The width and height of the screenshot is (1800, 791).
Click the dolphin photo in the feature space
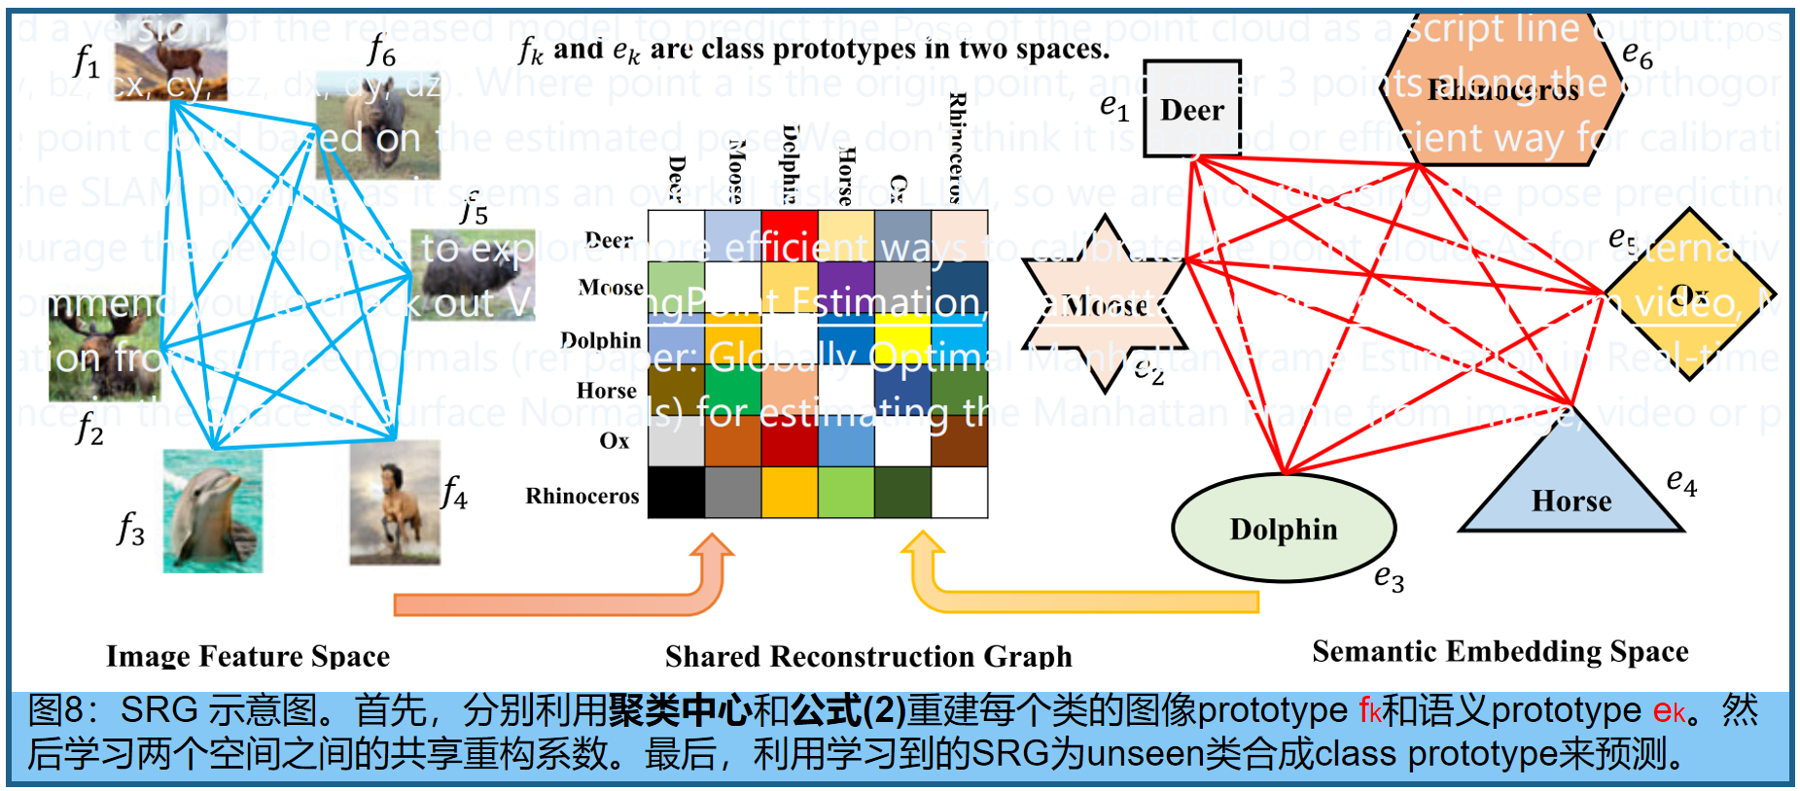212,511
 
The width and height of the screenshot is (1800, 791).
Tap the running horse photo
395,502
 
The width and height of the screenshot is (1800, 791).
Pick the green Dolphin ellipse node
1284,529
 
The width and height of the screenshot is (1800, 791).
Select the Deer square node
1192,109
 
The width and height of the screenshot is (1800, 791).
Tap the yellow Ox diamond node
1690,294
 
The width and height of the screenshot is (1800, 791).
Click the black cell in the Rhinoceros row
676,492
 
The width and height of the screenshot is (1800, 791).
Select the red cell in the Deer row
789,236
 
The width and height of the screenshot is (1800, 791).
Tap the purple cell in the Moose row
845,287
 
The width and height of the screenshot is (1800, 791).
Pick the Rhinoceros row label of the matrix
582,496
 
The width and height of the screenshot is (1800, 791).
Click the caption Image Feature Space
248,656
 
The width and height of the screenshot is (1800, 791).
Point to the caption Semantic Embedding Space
1500,651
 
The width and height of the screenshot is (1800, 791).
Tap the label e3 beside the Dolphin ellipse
1389,578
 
